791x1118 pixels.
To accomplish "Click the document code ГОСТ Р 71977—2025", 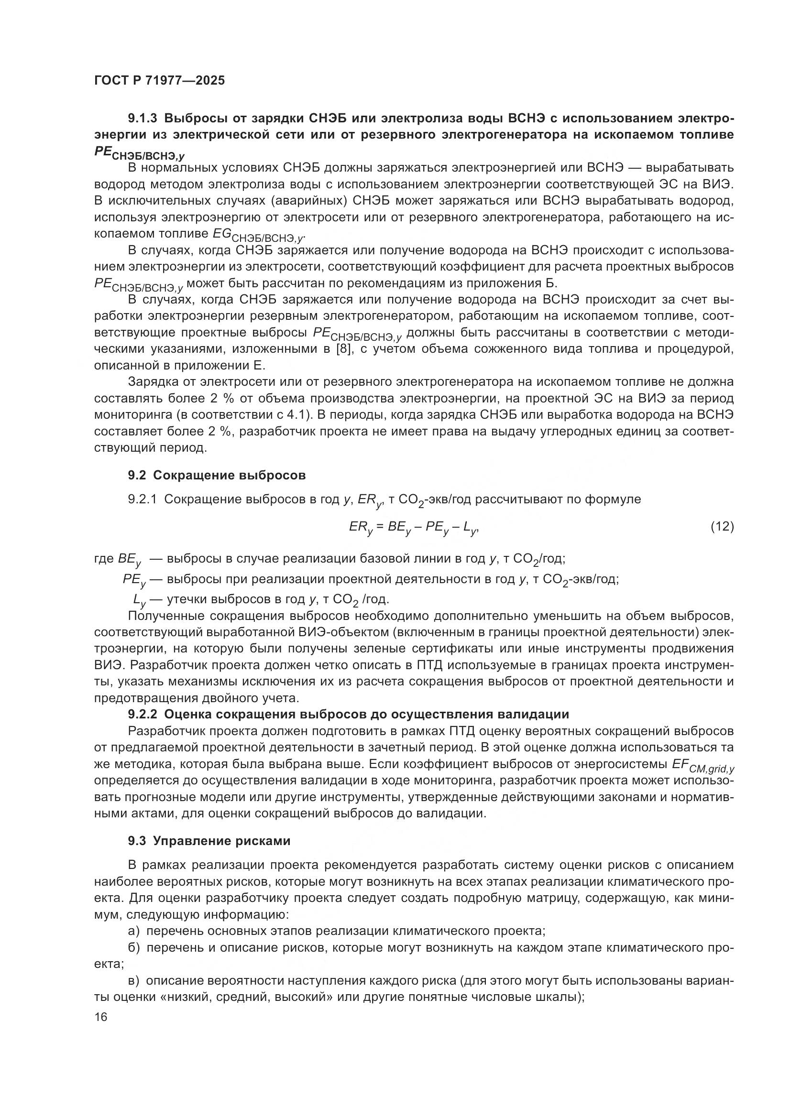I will pos(159,81).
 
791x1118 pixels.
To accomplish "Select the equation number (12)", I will pos(722,526).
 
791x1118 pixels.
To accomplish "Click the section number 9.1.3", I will pos(143,119).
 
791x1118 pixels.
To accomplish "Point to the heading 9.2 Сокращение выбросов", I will pos(217,475).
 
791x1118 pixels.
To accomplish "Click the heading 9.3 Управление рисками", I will pos(209,841).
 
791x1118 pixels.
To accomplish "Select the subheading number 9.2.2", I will pos(143,714).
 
